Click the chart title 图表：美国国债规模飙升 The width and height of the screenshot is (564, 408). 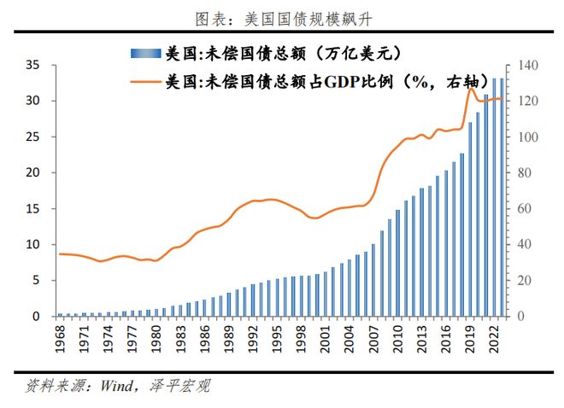(283, 17)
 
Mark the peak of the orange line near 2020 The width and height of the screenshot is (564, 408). (470, 88)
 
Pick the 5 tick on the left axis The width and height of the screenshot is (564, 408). (36, 280)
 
